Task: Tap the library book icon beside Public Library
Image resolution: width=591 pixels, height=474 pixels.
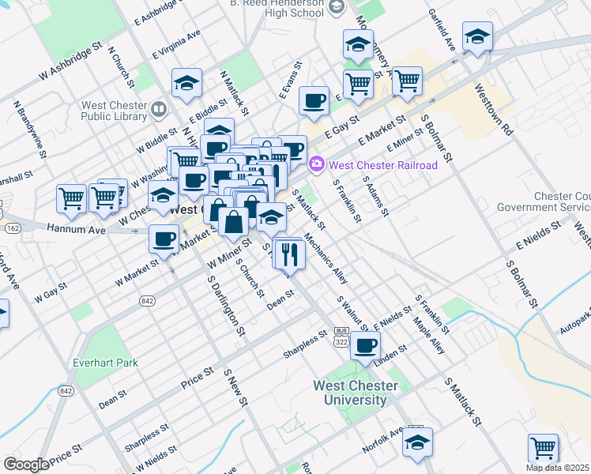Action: pyautogui.click(x=159, y=108)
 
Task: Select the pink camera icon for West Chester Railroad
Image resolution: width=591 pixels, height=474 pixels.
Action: pyautogui.click(x=317, y=164)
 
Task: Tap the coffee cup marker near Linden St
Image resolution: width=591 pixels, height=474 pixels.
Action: pyautogui.click(x=364, y=345)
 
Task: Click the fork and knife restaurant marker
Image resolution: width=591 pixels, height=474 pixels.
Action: pyautogui.click(x=289, y=254)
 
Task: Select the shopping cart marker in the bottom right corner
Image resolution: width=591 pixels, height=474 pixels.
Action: pyautogui.click(x=542, y=448)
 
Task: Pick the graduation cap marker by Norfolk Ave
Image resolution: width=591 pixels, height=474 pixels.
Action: pyautogui.click(x=417, y=443)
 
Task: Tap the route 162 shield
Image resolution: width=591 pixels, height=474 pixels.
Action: pyautogui.click(x=12, y=228)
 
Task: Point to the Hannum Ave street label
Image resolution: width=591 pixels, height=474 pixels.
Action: pyautogui.click(x=76, y=230)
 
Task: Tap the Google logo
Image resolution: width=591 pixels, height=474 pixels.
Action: pyautogui.click(x=27, y=464)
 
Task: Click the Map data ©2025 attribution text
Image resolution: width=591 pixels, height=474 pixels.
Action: pyautogui.click(x=556, y=468)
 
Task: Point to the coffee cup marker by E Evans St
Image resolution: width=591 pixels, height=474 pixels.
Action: pyautogui.click(x=314, y=100)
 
